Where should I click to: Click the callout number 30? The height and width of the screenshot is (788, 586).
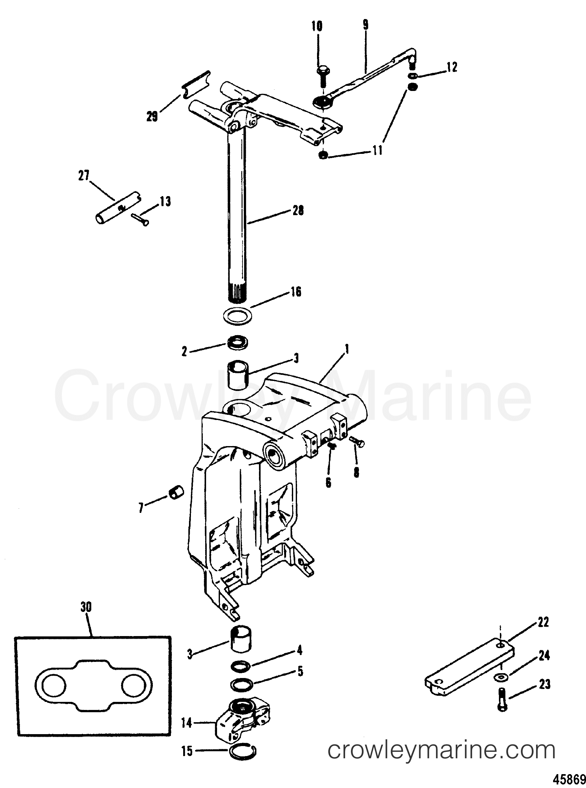[x=86, y=607]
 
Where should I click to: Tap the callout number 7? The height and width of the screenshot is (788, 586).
[x=141, y=508]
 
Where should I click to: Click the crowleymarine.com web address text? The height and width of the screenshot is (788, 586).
[x=441, y=750]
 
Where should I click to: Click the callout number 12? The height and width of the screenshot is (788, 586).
[x=452, y=67]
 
